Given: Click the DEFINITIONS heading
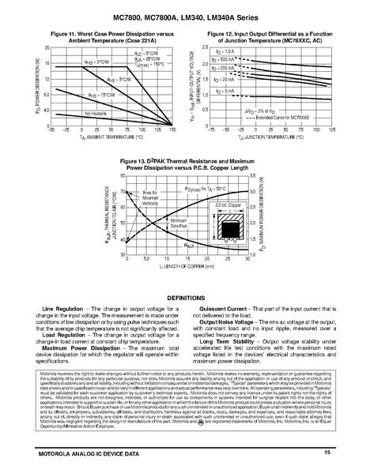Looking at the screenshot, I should point(183,275).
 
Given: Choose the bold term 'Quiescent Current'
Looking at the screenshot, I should point(217,285).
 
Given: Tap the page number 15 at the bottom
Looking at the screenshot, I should point(326,450).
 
